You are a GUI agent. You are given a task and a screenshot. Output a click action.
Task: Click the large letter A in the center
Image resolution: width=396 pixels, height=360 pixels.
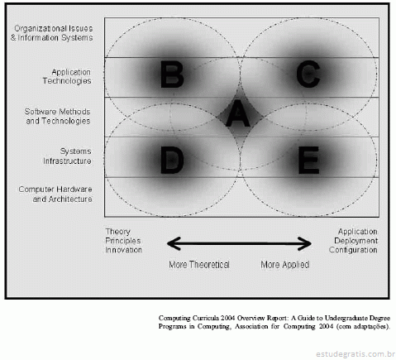click(x=238, y=113)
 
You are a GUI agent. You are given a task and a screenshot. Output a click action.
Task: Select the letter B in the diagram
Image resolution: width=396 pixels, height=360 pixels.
click(x=172, y=74)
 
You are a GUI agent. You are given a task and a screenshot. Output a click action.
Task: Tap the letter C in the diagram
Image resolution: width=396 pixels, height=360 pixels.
click(x=308, y=74)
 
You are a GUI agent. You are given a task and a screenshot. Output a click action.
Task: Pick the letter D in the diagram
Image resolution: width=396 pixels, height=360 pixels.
click(x=172, y=161)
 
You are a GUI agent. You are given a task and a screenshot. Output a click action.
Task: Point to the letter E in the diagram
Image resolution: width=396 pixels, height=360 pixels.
click(x=308, y=161)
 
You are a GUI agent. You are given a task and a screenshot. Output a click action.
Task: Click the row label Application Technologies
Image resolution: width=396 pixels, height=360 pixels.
click(x=67, y=76)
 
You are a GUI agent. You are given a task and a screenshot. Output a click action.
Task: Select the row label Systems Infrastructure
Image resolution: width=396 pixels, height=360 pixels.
click(x=67, y=156)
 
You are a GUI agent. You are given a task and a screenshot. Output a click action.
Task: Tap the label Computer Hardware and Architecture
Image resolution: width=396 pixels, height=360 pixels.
click(x=55, y=194)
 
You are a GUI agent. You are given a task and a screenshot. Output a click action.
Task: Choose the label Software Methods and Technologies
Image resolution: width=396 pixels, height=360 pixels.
click(x=57, y=116)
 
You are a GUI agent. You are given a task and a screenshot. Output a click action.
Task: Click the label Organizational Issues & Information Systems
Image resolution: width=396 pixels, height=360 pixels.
click(x=52, y=33)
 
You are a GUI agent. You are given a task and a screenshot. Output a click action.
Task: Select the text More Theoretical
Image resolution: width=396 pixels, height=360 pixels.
click(x=199, y=265)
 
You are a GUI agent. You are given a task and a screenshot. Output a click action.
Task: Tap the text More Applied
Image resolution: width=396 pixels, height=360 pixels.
click(x=285, y=265)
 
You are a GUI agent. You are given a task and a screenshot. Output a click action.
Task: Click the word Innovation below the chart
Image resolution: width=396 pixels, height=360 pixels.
click(x=124, y=250)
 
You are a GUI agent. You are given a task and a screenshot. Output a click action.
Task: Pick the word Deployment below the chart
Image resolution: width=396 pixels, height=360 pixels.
click(x=355, y=241)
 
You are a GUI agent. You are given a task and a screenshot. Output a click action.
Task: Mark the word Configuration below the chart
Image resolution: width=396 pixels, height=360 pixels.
click(x=353, y=250)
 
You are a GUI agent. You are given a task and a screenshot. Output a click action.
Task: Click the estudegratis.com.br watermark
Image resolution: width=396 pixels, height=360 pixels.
click(x=355, y=353)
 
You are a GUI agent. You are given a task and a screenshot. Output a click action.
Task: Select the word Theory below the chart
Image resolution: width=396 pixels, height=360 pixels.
click(x=118, y=232)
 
